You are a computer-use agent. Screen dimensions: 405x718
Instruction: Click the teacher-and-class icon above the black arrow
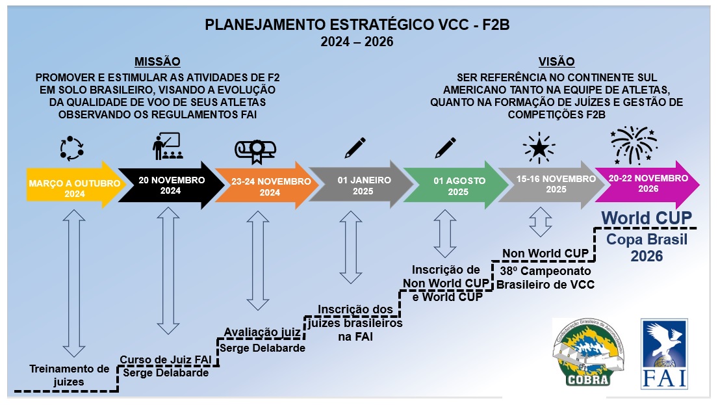pos(167,147)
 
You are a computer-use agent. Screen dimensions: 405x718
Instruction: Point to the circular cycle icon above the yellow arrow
pos(71,148)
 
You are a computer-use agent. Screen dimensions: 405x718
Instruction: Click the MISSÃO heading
pos(157,62)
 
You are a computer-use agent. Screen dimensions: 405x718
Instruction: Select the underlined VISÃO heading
pos(556,62)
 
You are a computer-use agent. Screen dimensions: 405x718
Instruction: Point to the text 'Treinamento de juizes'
pos(61,375)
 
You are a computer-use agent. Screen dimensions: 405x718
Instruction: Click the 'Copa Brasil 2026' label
pos(647,247)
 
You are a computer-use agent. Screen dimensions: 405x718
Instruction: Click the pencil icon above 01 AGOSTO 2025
pos(445,148)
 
